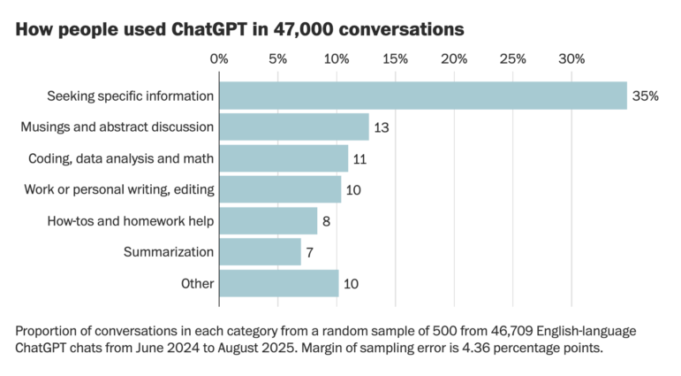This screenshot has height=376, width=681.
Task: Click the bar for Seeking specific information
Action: click(x=422, y=96)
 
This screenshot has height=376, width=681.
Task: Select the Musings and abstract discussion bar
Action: click(x=293, y=127)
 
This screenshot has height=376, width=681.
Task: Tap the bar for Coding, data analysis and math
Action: click(x=283, y=158)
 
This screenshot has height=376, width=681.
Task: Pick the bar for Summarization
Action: click(x=260, y=252)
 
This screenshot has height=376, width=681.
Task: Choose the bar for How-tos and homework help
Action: click(x=268, y=221)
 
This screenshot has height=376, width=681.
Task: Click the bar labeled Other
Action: click(x=278, y=283)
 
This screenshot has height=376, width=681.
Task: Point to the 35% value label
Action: click(x=645, y=96)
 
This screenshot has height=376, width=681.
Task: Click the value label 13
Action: click(x=382, y=127)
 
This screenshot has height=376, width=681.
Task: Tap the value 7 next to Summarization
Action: click(x=311, y=252)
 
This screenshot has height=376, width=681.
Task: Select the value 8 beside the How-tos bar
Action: click(x=327, y=221)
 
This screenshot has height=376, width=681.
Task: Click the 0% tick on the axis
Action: click(x=219, y=59)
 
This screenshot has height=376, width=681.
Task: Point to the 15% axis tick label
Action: click(x=395, y=59)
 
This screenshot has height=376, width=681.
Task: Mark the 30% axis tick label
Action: click(x=571, y=59)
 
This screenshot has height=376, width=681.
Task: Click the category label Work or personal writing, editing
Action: click(x=117, y=189)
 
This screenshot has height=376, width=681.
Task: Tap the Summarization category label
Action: click(x=168, y=252)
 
